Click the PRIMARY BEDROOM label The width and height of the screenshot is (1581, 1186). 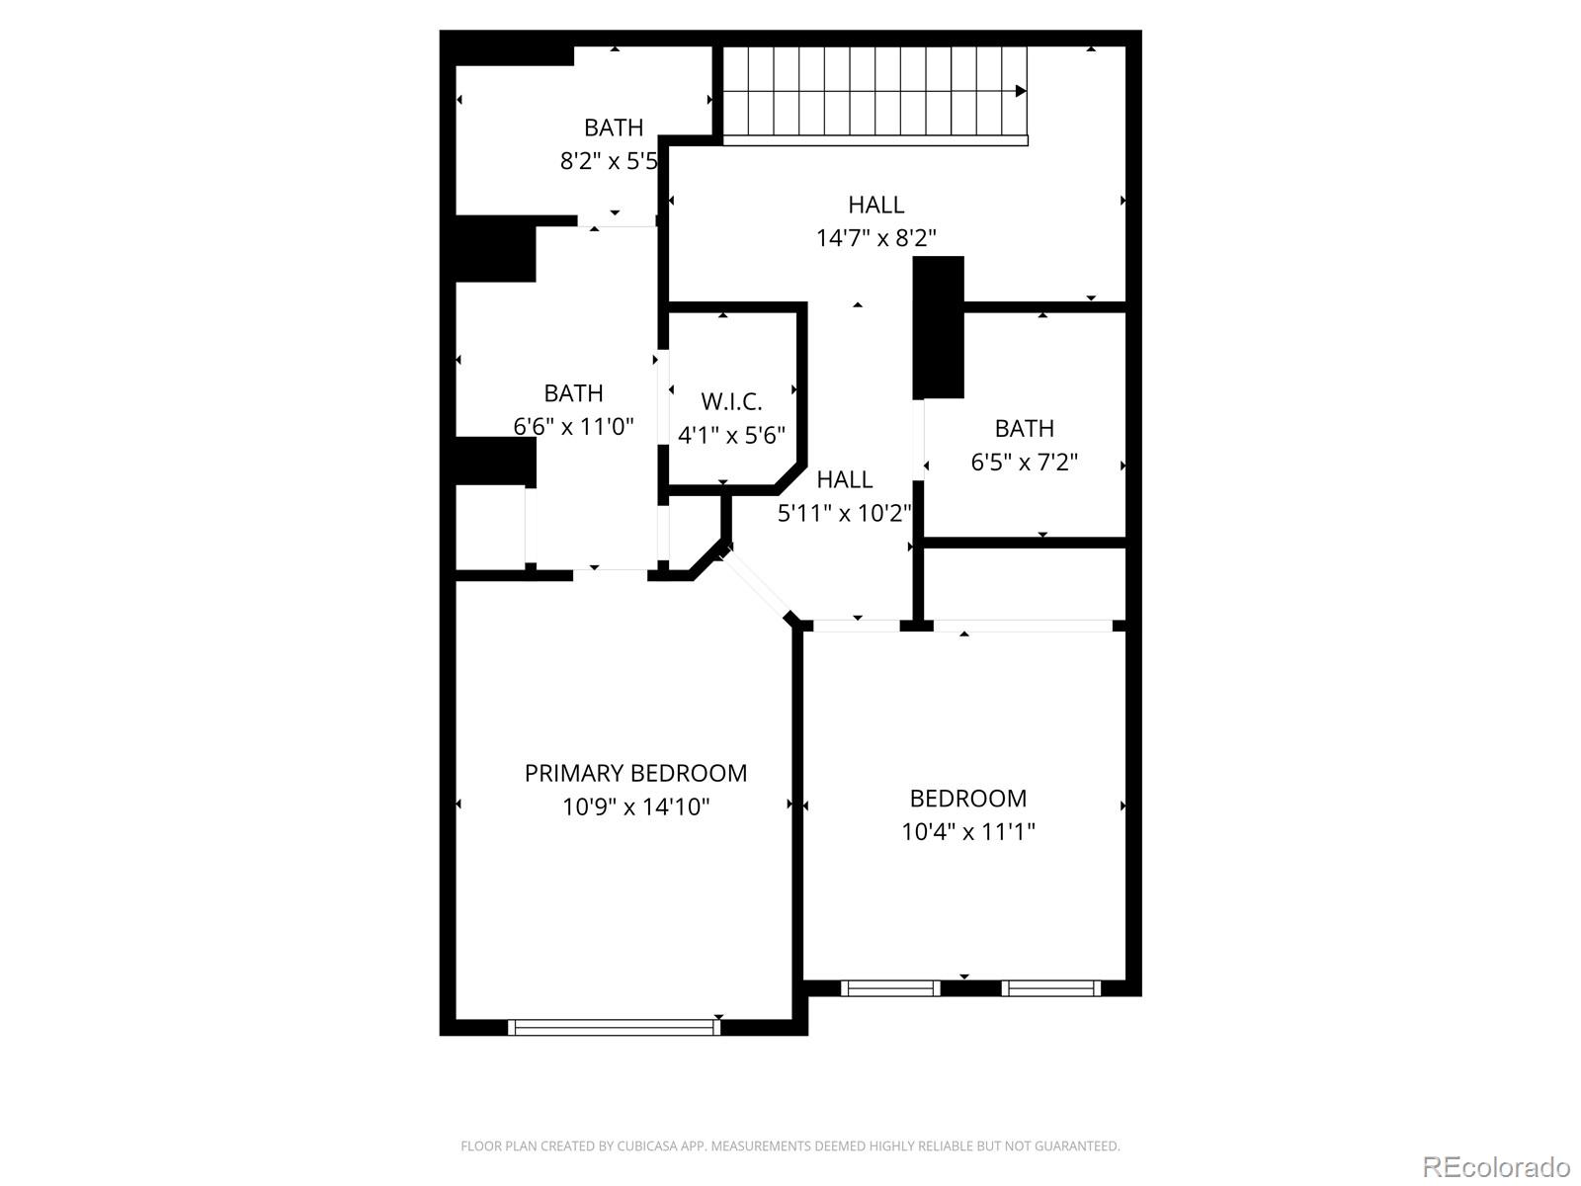pos(635,773)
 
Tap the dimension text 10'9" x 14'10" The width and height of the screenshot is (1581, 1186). pos(635,806)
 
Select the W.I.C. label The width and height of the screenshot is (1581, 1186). pos(731,401)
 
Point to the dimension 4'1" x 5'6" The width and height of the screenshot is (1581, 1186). pos(731,435)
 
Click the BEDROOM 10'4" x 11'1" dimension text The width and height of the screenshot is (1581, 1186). pos(967,831)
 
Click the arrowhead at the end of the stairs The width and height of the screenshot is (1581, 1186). pos(1021,92)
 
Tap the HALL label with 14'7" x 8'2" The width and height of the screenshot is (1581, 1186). pos(875,205)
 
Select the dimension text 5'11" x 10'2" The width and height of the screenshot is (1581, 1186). pos(844,513)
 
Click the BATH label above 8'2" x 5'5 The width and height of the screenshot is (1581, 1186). pos(614,127)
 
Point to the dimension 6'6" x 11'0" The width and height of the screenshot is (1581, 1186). pos(573,426)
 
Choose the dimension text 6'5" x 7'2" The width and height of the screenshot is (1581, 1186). pos(1024,462)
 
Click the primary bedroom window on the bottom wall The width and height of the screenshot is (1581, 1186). pos(614,1028)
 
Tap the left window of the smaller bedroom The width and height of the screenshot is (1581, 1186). pos(889,987)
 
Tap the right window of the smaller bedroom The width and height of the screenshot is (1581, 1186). pos(1050,987)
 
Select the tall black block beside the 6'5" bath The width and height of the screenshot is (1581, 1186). pos(938,327)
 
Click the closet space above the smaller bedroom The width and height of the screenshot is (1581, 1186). pos(1025,583)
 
